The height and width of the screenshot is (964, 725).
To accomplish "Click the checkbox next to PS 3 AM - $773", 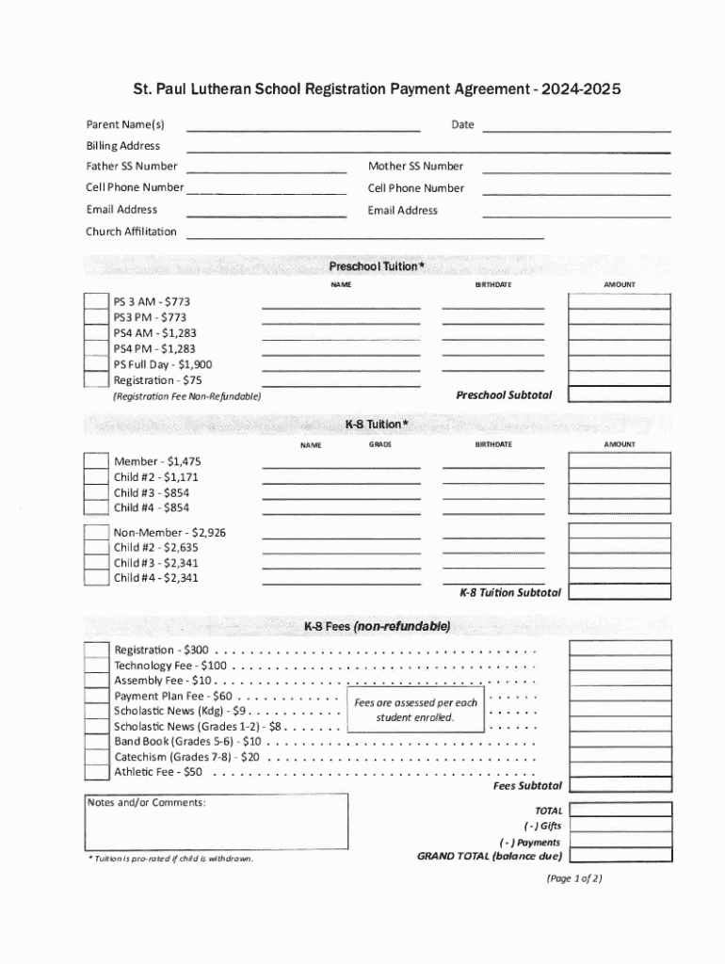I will click(96, 302).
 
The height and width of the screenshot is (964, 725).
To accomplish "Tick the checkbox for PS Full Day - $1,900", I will click(96, 364).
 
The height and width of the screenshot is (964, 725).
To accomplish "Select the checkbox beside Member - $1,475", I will click(96, 461).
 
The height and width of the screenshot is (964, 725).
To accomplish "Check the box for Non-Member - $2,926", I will click(96, 533).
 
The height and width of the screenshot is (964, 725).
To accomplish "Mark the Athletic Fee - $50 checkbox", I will click(96, 773).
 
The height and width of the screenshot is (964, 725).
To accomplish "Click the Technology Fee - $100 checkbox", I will click(96, 666).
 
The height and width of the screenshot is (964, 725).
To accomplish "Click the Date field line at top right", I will click(576, 129).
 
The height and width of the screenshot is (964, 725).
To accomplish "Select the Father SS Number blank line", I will click(266, 170).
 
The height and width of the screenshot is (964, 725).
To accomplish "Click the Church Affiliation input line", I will click(364, 236).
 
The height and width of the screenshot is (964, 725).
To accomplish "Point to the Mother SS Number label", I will click(415, 167).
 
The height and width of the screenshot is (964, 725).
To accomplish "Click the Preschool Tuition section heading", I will click(377, 266).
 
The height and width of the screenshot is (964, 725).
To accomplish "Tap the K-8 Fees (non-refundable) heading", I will click(377, 626).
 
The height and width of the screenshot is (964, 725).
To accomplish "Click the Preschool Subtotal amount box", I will click(619, 394).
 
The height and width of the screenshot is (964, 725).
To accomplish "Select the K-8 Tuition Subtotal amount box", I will click(619, 592).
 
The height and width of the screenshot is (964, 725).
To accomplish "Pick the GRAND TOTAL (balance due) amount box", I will click(619, 856).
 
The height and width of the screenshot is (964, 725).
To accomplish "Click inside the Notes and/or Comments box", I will click(217, 826).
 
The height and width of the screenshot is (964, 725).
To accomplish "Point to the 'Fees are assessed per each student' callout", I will click(415, 710).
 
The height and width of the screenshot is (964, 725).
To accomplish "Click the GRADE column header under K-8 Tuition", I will click(380, 443).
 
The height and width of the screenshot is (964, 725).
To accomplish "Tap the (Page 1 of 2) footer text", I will click(573, 878).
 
